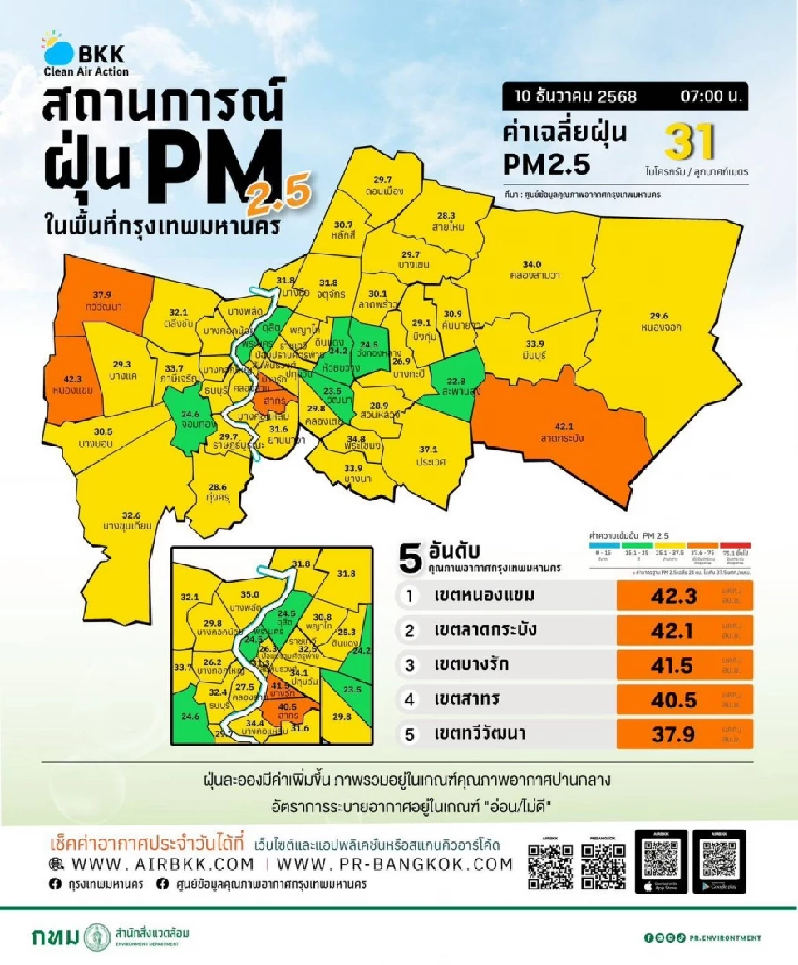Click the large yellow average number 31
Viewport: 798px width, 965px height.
click(x=689, y=144)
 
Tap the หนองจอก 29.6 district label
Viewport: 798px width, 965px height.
click(x=662, y=321)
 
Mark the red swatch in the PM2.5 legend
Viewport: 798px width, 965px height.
click(x=736, y=545)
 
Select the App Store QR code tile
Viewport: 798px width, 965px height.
click(x=662, y=861)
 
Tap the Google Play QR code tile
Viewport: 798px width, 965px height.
click(x=720, y=861)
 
